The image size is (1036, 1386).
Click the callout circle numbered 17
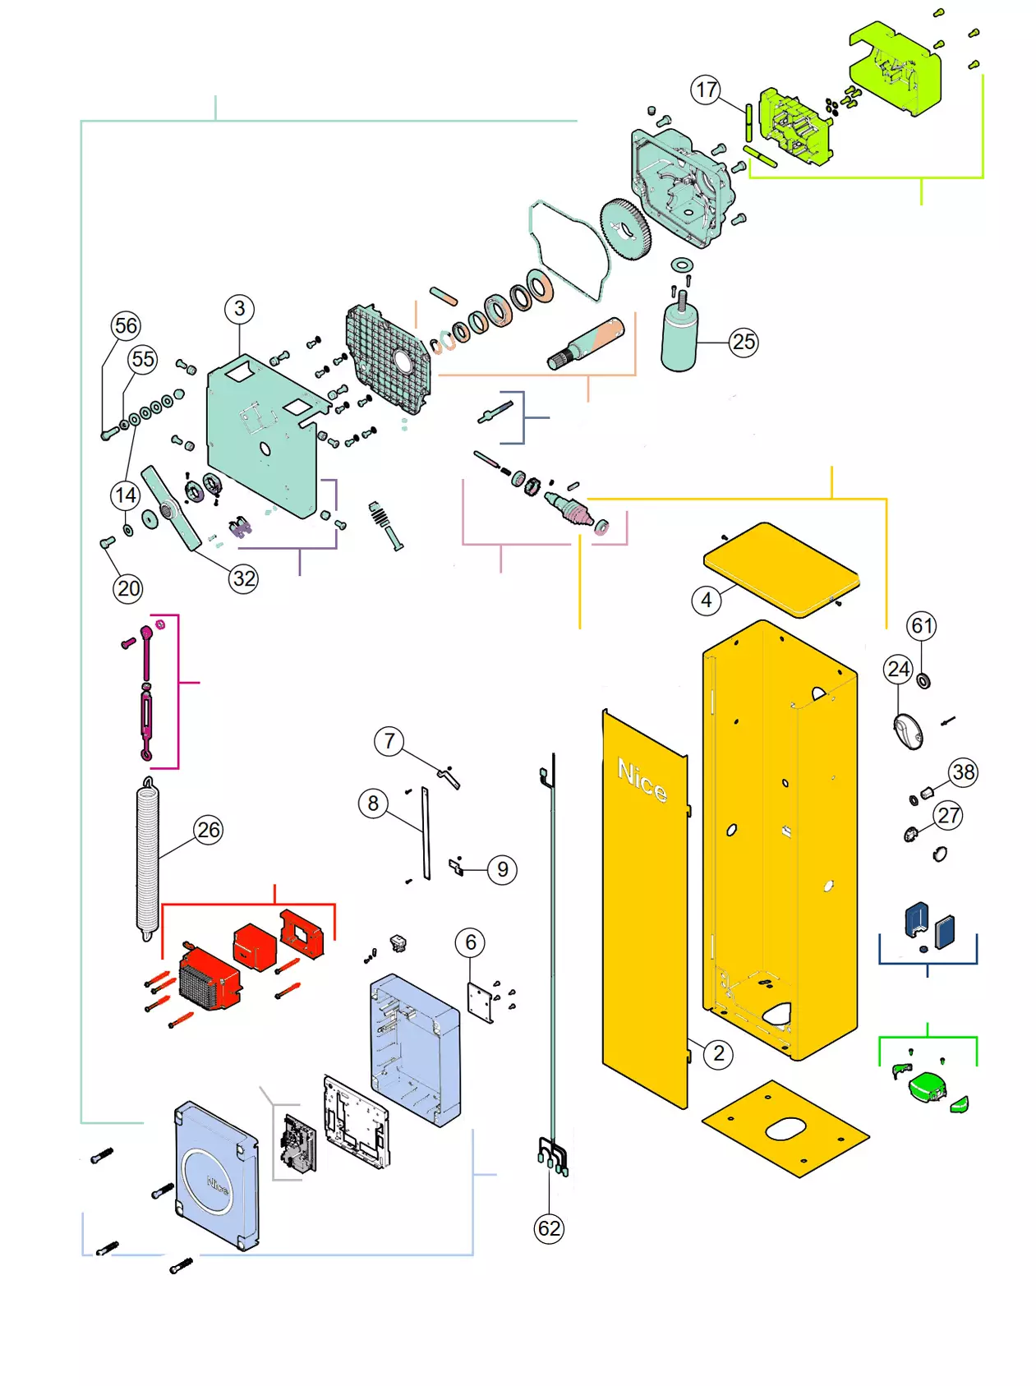(706, 90)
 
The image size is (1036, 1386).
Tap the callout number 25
(744, 342)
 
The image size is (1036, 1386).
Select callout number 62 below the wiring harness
(549, 1228)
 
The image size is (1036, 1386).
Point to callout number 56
(126, 325)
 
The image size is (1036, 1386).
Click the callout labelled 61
(922, 626)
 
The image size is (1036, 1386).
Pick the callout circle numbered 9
(502, 869)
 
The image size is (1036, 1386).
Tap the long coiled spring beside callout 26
(147, 859)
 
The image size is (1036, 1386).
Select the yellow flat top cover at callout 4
(781, 569)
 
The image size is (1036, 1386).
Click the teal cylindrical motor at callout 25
(679, 338)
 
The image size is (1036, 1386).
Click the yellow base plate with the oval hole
(785, 1127)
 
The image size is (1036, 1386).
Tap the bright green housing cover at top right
(896, 69)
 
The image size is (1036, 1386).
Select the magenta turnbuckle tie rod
(146, 694)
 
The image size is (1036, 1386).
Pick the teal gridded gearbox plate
(389, 358)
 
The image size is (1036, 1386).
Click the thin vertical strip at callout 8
(426, 833)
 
